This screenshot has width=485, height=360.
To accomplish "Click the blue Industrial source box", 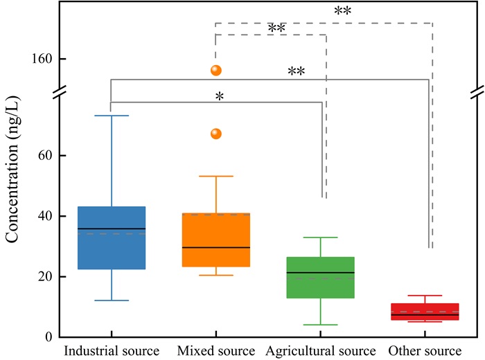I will click(111, 237).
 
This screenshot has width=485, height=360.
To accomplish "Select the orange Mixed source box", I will click(215, 240).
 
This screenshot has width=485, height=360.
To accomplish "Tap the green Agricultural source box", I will click(320, 278).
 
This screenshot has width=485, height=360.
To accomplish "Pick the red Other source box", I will click(425, 311).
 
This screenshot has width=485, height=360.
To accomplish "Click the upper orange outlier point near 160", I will click(215, 70).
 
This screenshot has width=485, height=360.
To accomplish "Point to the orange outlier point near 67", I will click(215, 134).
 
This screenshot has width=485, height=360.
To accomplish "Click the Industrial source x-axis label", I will click(112, 350).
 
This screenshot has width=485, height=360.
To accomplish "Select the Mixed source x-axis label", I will click(215, 350).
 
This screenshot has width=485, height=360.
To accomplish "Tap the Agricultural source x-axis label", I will click(320, 350).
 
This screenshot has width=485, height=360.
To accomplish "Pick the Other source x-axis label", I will click(425, 350).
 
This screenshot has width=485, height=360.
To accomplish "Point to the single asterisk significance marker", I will click(219, 98).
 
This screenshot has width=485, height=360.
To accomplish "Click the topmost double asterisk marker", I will click(343, 12).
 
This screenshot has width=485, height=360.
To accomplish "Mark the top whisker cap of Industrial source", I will click(111, 116).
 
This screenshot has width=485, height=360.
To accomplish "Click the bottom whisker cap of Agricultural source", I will click(320, 325).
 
